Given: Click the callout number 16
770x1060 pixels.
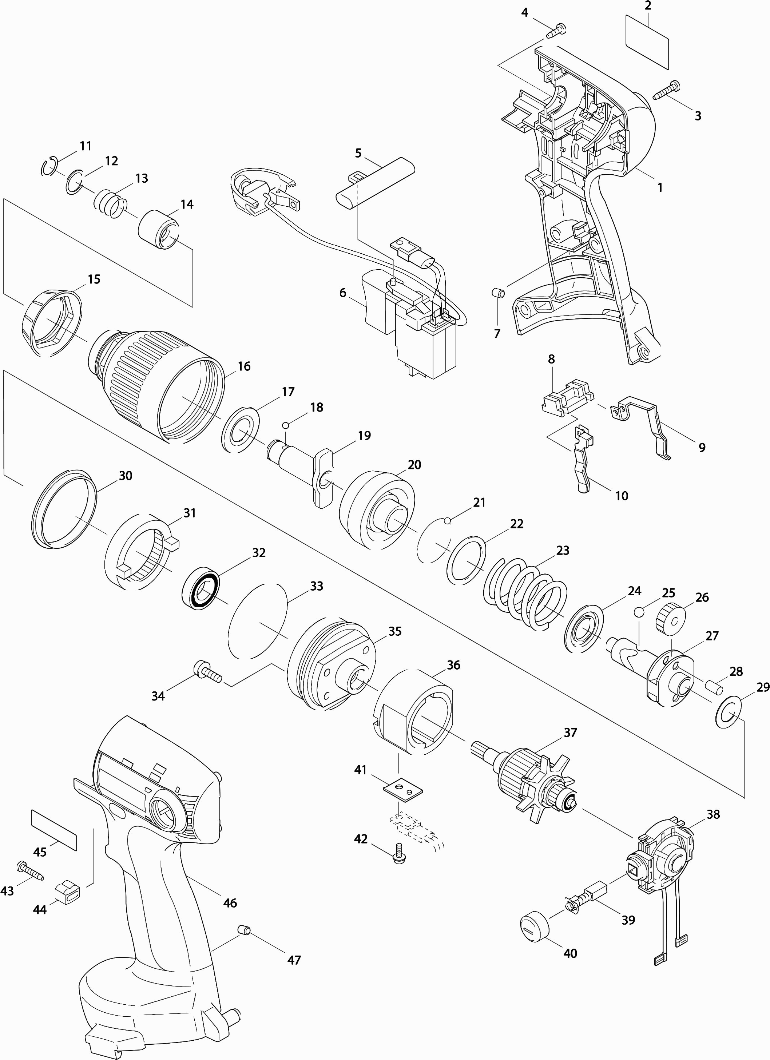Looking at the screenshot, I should [x=244, y=366].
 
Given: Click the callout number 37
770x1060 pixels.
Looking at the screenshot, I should [x=570, y=733].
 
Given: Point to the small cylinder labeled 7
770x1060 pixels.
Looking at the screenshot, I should [x=499, y=293].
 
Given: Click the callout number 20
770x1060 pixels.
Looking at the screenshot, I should [x=414, y=465].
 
